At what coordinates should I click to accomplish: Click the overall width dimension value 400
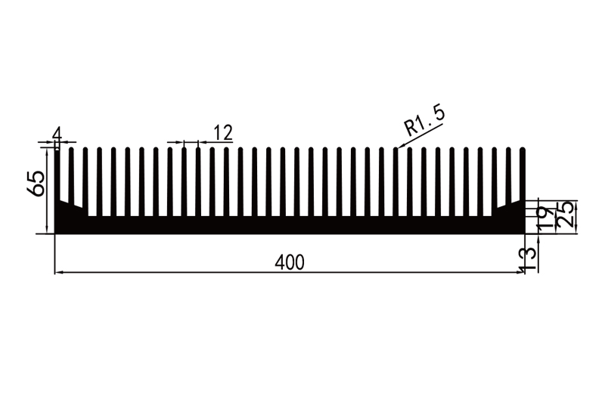pos(290,262)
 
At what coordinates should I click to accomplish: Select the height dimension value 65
pos(36,183)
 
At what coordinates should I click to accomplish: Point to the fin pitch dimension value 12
pos(222,133)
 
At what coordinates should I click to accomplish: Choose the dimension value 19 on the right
pos(542,217)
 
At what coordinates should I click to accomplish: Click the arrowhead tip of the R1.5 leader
pos(397,147)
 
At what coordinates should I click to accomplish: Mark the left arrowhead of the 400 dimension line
pos(57,272)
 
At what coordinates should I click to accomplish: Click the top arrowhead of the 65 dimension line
pos(48,151)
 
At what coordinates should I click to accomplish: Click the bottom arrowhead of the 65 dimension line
pos(48,230)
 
